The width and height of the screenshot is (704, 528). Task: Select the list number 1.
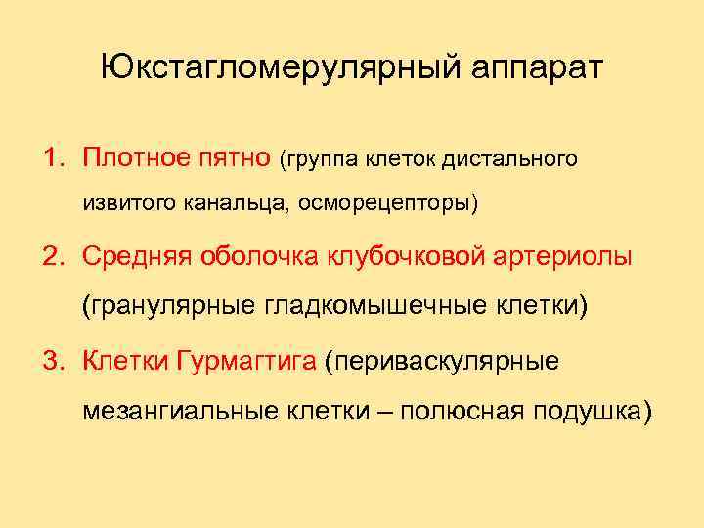point(50,157)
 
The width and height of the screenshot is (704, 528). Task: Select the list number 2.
point(51,257)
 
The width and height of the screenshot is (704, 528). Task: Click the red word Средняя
point(137,257)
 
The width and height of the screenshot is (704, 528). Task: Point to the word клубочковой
point(410,257)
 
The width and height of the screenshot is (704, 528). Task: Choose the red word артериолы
point(564,257)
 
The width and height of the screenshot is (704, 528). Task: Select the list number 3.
point(51,361)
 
